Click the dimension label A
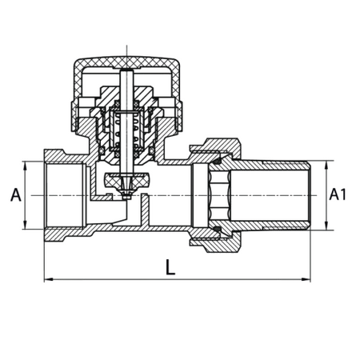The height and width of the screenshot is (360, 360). (x=16, y=194)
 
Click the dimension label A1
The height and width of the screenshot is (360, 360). (x=338, y=194)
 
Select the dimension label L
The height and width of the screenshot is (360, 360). (x=170, y=267)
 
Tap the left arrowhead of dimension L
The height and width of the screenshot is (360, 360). (x=48, y=279)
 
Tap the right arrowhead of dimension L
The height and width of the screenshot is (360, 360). (x=306, y=279)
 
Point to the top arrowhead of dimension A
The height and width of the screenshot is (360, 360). (x=25, y=165)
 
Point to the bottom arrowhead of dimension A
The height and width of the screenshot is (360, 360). (x=25, y=225)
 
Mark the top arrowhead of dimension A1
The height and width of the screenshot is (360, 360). (x=326, y=165)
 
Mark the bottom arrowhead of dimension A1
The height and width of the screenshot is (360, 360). (x=326, y=226)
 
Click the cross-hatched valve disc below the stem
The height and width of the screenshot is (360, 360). (x=126, y=180)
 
